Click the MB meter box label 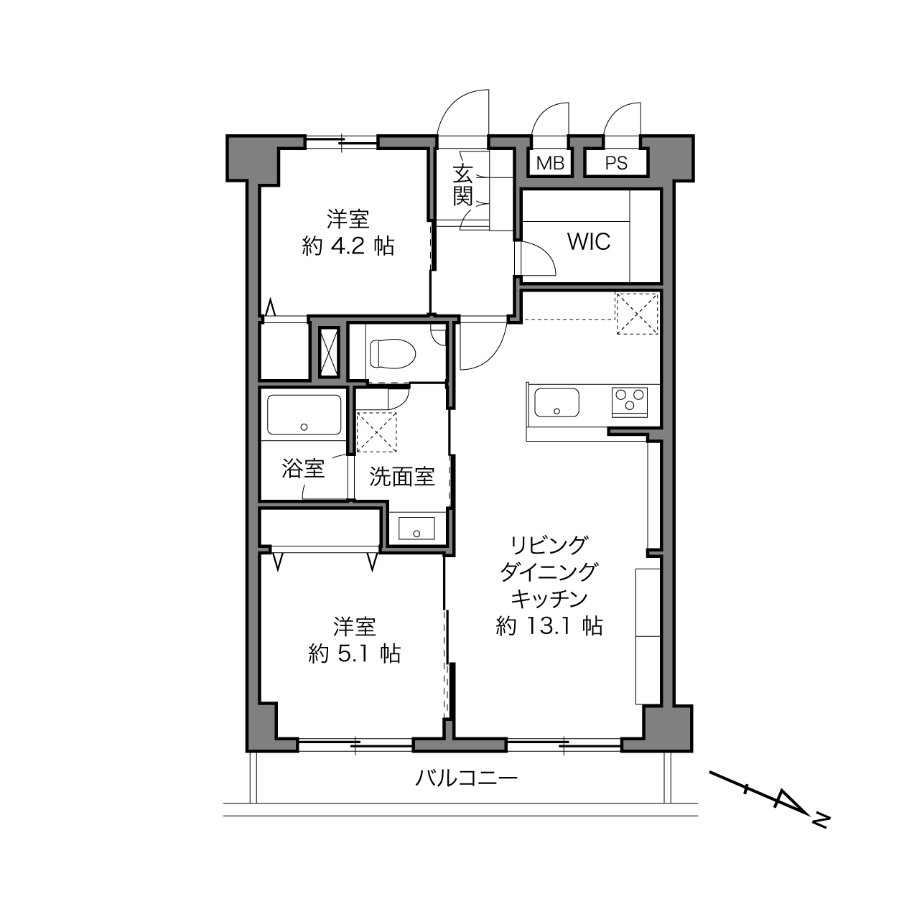550,163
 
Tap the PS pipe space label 616,163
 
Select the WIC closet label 589,242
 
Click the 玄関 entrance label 463,186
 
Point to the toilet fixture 392,353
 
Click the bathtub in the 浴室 304,415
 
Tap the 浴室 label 303,468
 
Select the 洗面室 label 402,476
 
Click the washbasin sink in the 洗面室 416,528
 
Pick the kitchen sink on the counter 556,402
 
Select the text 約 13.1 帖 549,626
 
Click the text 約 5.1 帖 355,654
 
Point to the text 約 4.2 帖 348,246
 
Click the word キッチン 549,599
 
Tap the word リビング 549,545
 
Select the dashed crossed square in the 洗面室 376,432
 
